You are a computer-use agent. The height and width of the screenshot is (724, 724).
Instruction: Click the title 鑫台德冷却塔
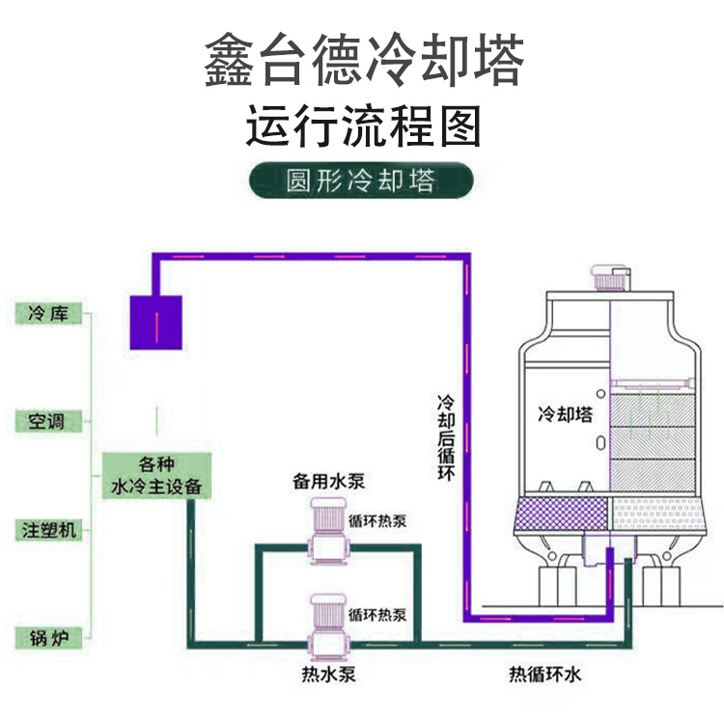(364, 61)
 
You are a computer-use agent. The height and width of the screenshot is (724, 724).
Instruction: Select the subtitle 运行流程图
(363, 126)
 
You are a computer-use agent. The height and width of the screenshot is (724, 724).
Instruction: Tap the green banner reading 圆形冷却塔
(362, 181)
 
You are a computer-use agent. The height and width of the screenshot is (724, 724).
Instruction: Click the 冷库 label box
(48, 314)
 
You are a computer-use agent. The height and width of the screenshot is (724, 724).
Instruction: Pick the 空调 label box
(48, 422)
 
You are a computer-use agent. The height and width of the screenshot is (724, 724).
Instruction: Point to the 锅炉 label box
(48, 637)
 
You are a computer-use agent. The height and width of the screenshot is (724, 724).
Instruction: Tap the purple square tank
(155, 321)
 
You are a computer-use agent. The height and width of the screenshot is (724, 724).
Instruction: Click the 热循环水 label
(545, 674)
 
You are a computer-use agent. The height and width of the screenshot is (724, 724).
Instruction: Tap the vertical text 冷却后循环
(448, 437)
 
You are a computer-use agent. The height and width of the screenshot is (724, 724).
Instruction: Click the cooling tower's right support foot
(665, 584)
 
